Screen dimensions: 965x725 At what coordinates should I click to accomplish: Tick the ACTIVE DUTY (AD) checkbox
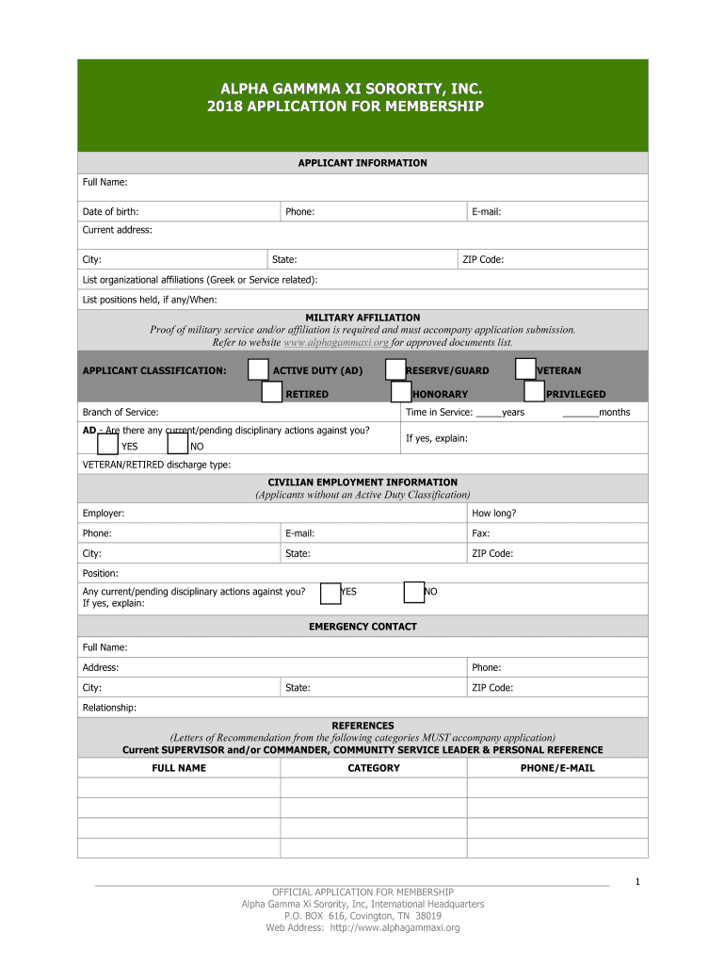[258, 369]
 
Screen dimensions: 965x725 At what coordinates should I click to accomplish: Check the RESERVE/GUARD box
[395, 369]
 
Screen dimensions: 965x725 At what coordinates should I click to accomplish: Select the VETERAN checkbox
[526, 369]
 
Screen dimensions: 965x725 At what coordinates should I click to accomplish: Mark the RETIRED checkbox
[271, 392]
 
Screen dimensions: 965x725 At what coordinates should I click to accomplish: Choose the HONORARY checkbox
[402, 392]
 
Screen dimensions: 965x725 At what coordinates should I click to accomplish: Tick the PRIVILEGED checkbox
[534, 392]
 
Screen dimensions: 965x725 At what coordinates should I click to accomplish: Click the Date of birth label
[110, 212]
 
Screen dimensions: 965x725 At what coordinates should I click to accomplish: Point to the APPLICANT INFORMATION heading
[362, 163]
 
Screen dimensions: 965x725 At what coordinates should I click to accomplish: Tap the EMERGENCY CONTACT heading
[362, 627]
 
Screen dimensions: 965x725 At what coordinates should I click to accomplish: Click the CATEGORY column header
[374, 768]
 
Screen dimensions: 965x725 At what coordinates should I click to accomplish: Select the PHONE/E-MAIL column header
[557, 768]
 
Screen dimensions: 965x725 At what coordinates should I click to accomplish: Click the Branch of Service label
[121, 413]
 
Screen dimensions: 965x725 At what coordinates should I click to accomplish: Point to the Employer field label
[104, 514]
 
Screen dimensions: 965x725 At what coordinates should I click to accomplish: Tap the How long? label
[493, 514]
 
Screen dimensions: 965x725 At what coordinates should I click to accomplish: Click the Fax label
[480, 533]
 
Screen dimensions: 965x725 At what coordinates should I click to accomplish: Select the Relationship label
[109, 708]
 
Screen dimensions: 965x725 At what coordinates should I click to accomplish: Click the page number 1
[637, 882]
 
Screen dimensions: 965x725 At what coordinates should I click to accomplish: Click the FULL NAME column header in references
[179, 768]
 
